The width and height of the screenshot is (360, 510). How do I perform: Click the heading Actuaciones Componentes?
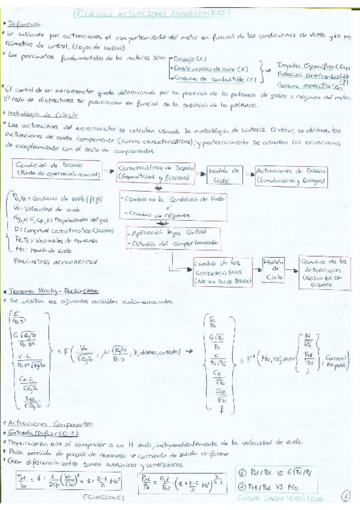(45, 423)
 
